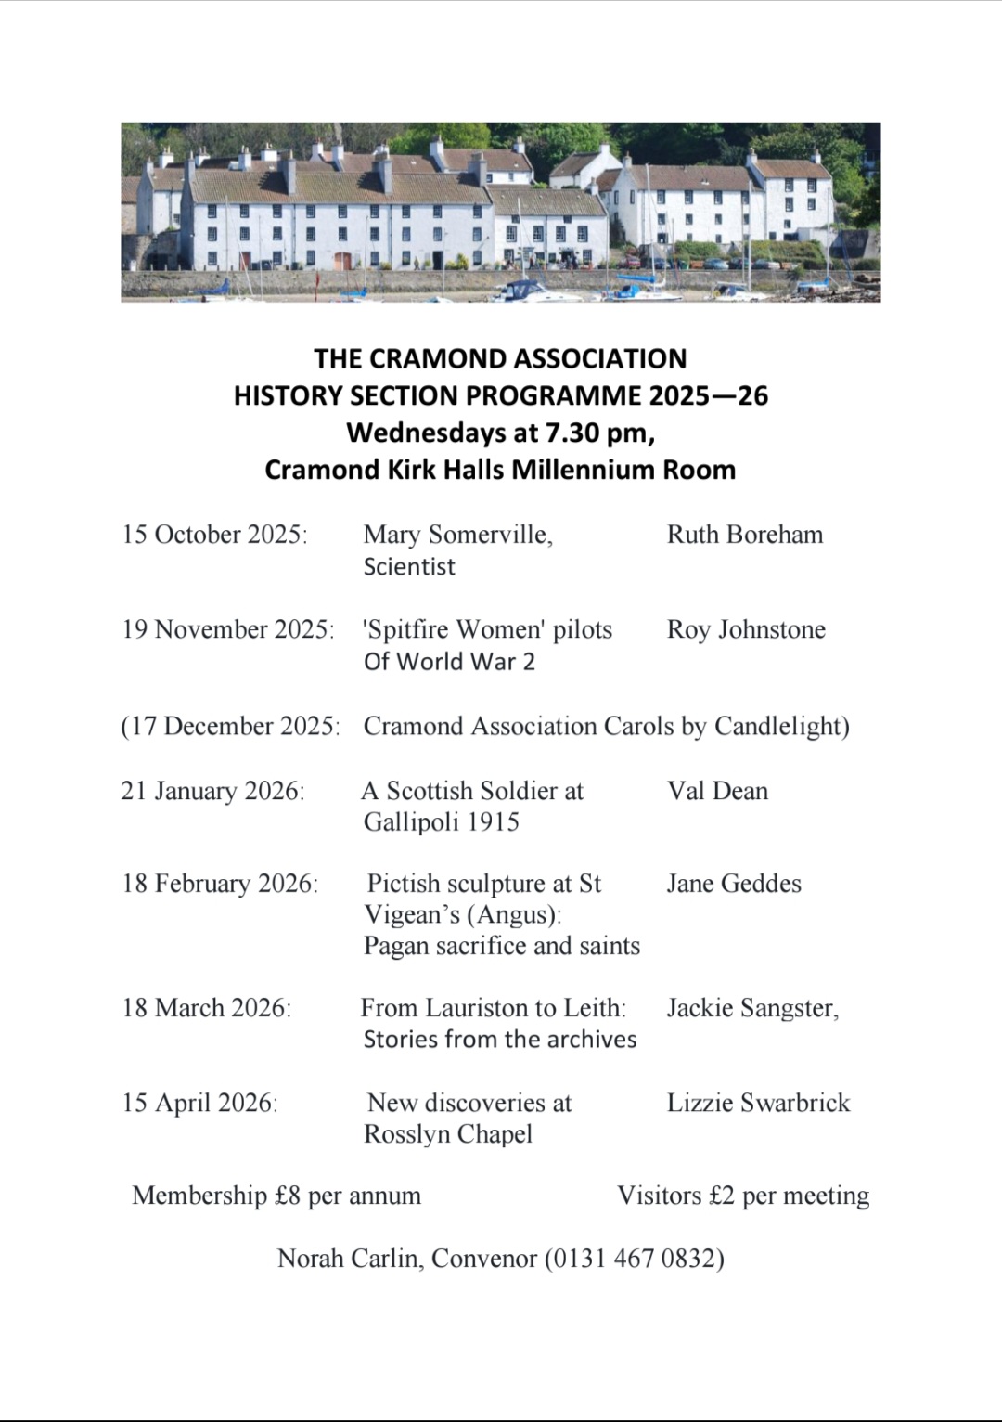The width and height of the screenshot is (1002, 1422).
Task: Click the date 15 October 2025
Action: click(214, 535)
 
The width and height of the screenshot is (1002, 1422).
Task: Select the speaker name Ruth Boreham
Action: click(744, 535)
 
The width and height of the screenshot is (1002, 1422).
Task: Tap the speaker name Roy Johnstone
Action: click(746, 629)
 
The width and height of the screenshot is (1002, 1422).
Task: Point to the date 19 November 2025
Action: click(227, 629)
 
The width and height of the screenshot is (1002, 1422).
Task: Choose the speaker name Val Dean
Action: click(717, 791)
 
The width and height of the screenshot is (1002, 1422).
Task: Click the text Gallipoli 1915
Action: click(441, 822)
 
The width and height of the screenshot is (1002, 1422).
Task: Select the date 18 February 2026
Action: click(220, 884)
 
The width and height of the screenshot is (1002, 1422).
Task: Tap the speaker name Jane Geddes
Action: click(733, 884)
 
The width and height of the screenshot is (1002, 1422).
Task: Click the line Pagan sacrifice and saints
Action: click(501, 946)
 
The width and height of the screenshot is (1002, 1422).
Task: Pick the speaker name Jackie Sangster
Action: click(751, 1008)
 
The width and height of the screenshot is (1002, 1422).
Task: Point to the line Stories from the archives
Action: click(499, 1040)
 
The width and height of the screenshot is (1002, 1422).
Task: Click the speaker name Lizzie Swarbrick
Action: click(758, 1103)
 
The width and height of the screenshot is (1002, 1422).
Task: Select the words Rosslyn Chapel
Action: click(448, 1134)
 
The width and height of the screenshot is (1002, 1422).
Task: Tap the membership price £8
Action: click(287, 1196)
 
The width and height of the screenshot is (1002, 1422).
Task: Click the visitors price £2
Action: click(721, 1196)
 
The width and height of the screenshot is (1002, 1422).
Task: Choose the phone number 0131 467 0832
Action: click(635, 1259)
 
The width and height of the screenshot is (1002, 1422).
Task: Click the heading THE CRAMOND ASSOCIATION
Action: click(500, 358)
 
